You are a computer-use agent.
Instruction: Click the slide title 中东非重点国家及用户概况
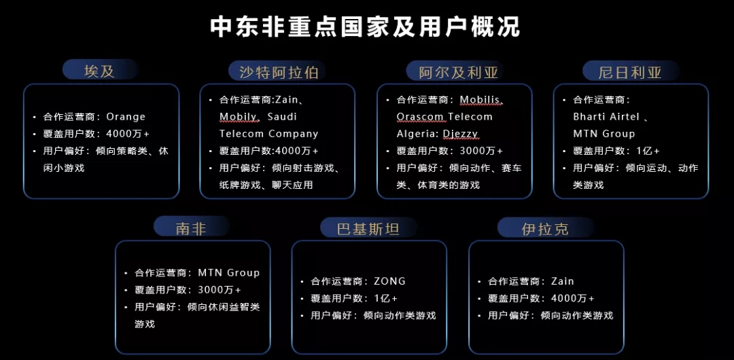click(366, 26)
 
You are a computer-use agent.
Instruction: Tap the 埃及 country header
click(100, 71)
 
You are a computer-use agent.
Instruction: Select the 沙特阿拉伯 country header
click(278, 71)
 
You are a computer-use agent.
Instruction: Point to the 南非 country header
click(191, 228)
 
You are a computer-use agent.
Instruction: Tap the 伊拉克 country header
click(544, 229)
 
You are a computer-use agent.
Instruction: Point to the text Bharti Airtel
click(606, 117)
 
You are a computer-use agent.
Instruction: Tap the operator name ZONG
click(389, 281)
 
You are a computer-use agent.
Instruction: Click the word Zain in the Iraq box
click(562, 281)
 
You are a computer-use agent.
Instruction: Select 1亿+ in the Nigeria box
click(646, 151)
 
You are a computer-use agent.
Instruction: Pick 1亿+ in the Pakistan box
click(385, 298)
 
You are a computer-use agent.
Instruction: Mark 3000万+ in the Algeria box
click(481, 151)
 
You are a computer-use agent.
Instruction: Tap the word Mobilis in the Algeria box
click(480, 100)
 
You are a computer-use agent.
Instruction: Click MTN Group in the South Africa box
click(228, 273)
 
